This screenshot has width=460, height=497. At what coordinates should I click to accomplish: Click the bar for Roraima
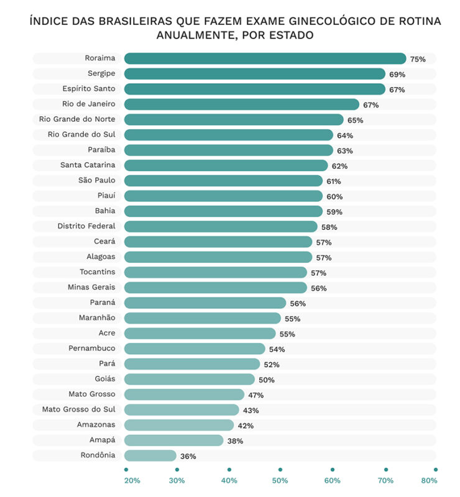(x=265, y=58)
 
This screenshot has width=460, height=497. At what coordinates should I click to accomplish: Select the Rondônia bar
(x=150, y=456)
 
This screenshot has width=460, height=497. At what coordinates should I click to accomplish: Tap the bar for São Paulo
(x=223, y=181)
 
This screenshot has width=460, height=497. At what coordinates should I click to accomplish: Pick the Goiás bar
(x=190, y=380)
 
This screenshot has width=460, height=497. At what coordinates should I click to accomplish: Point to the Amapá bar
(x=174, y=440)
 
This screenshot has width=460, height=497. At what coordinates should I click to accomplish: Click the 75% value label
(x=418, y=59)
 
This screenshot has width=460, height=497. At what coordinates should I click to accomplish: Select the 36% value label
(x=188, y=457)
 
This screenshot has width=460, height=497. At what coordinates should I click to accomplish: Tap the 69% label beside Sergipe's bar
(x=397, y=75)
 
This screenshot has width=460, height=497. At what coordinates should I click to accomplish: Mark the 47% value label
(x=256, y=395)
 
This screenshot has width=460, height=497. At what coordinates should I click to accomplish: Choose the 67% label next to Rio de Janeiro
(x=371, y=105)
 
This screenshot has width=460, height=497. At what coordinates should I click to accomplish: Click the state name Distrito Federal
(x=86, y=226)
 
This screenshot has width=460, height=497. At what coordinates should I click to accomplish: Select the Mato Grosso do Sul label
(x=79, y=409)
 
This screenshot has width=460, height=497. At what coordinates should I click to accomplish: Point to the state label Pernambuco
(x=92, y=348)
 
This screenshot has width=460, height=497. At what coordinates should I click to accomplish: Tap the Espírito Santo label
(x=89, y=88)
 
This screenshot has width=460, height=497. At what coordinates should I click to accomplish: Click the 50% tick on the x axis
(x=280, y=480)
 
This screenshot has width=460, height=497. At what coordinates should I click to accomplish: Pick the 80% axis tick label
(x=429, y=480)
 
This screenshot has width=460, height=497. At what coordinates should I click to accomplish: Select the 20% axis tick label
(x=132, y=480)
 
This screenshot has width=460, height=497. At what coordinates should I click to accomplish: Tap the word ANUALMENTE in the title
(x=197, y=35)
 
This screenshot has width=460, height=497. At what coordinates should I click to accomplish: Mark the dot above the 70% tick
(x=386, y=470)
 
